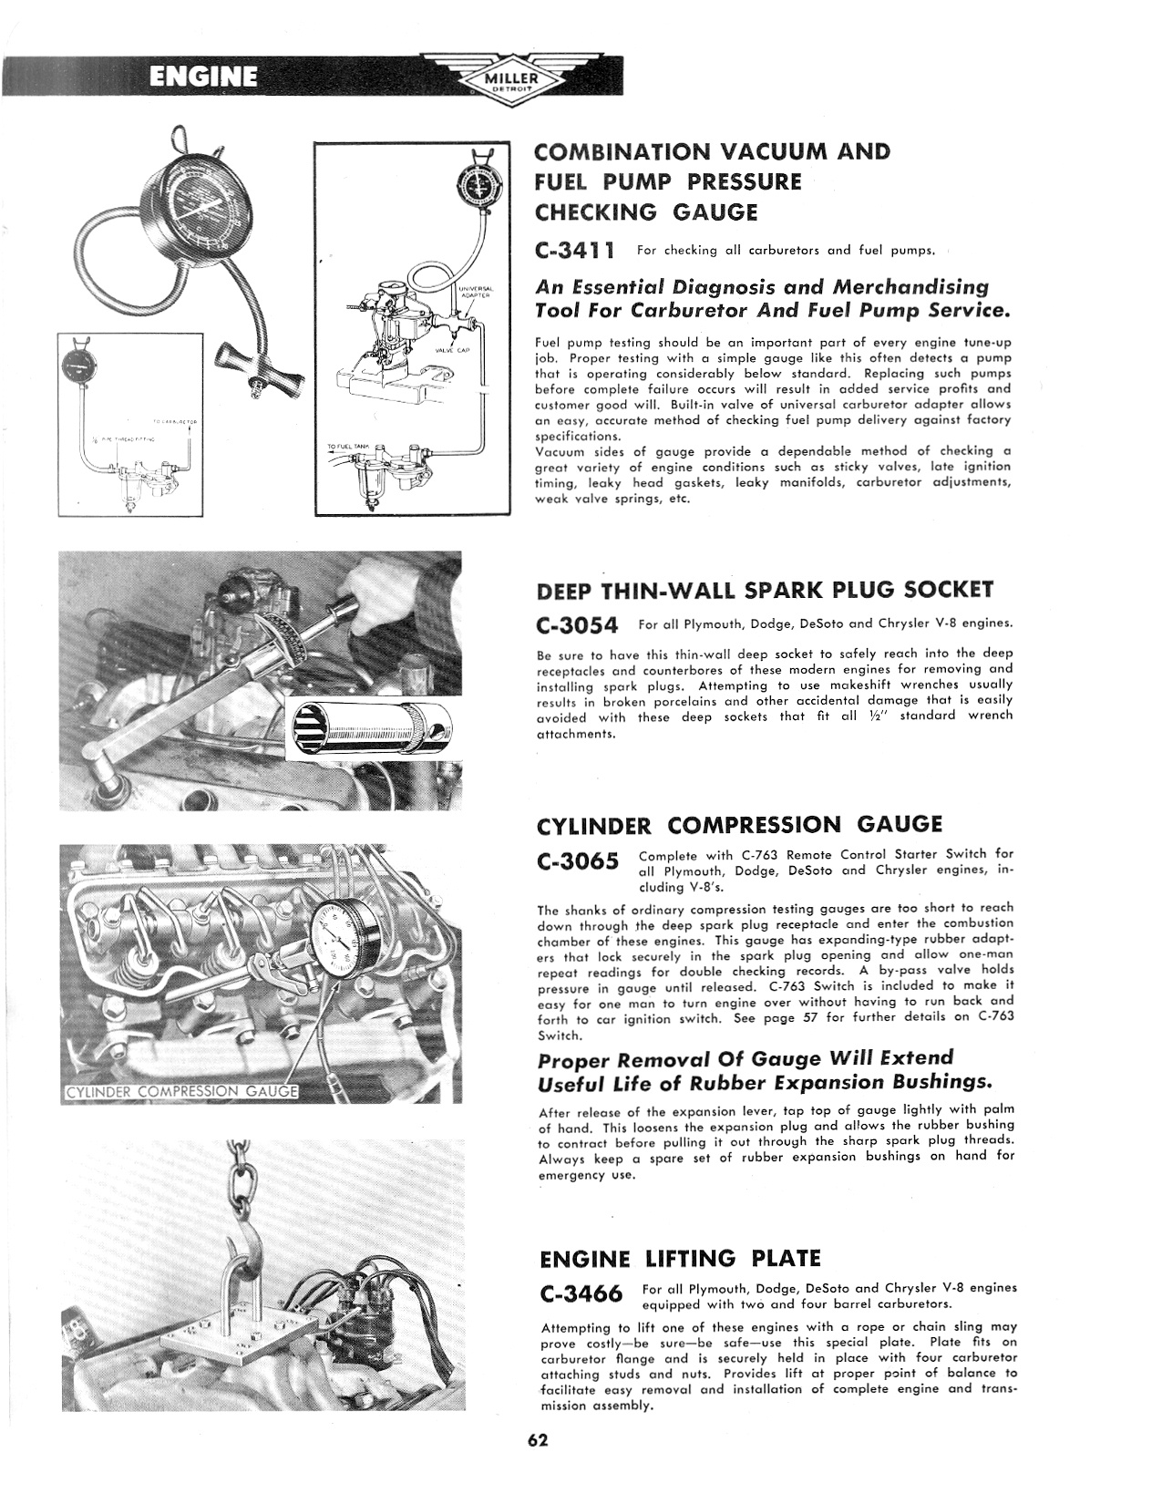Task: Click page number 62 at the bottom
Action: pyautogui.click(x=538, y=1441)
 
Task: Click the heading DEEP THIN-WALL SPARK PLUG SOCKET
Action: pyautogui.click(x=765, y=590)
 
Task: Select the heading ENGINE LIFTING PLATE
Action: pyautogui.click(x=680, y=1259)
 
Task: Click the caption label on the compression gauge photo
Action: pyautogui.click(x=180, y=1092)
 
